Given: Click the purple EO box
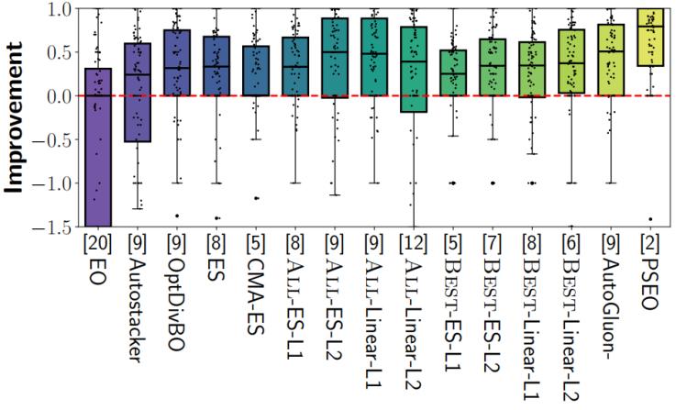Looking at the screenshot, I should pyautogui.click(x=97, y=147).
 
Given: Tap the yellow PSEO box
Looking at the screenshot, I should pyautogui.click(x=649, y=37).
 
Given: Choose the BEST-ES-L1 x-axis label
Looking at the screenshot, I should pyautogui.click(x=453, y=312).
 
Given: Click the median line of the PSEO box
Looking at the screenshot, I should pyautogui.click(x=649, y=28).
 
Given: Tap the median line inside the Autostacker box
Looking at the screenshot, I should pyautogui.click(x=138, y=74).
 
